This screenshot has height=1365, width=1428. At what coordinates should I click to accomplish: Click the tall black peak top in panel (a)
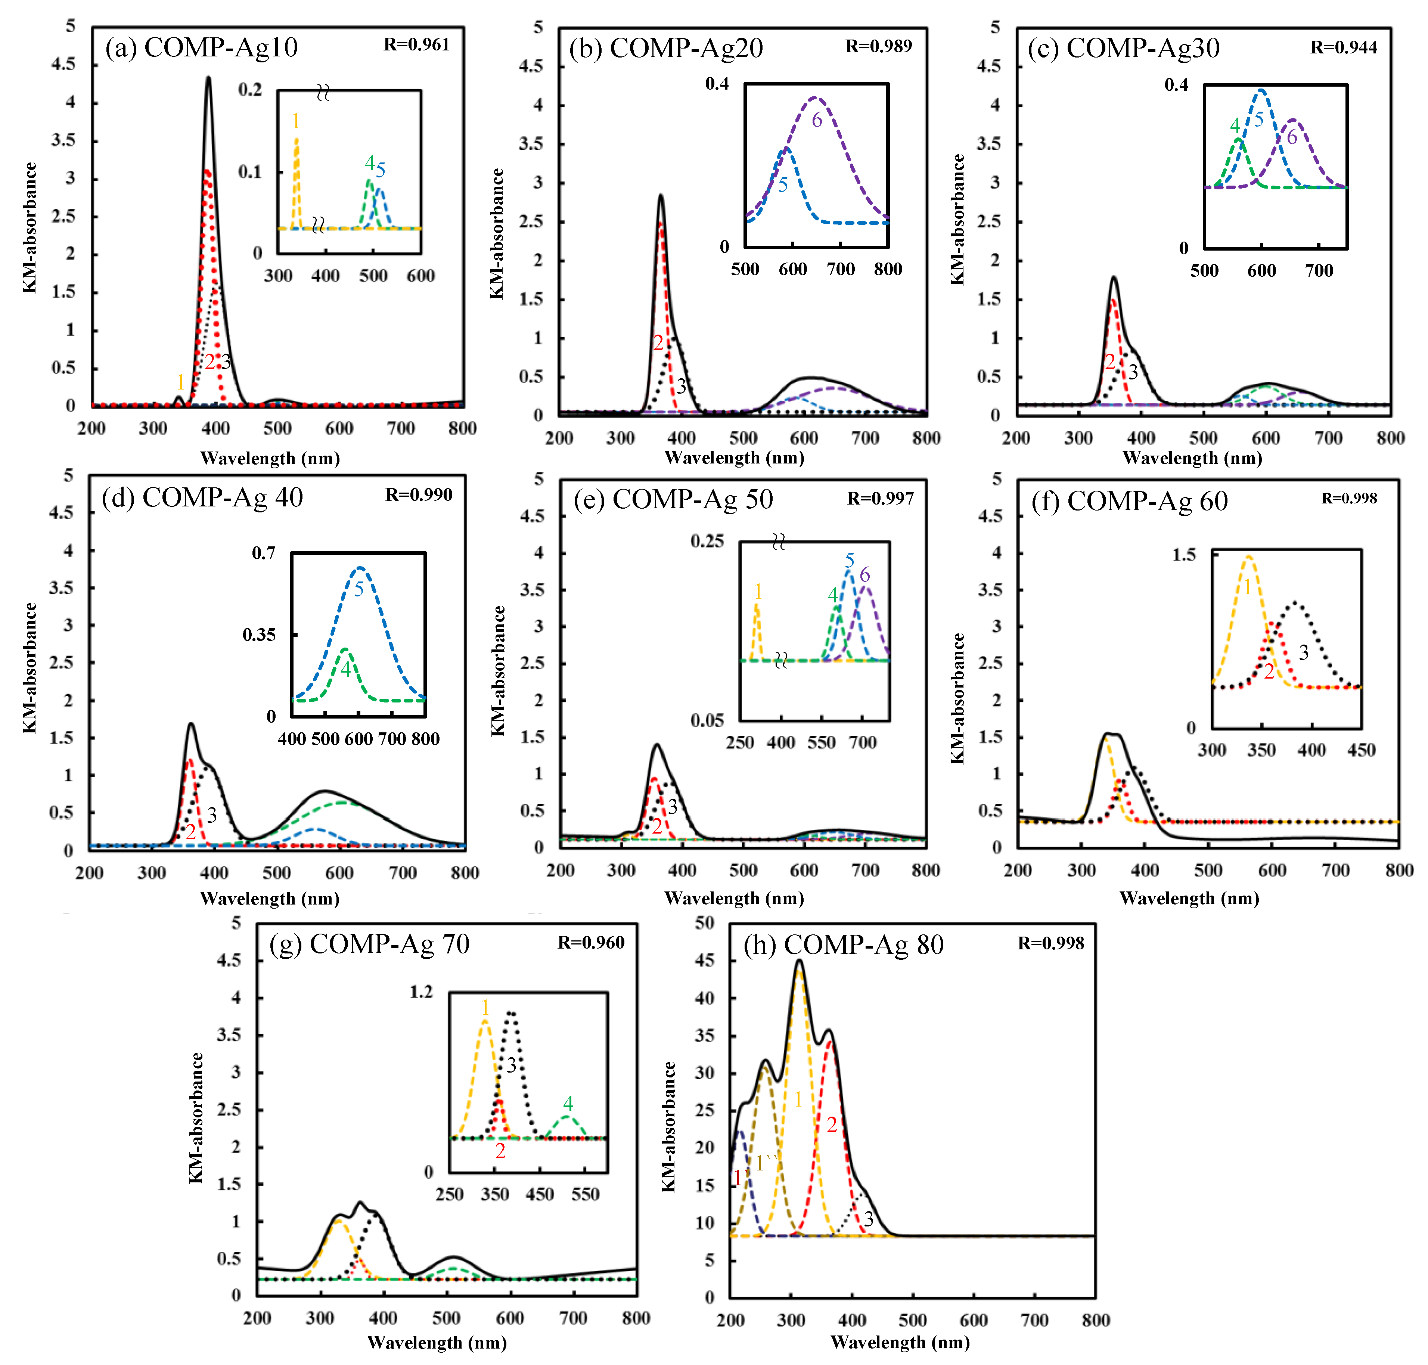click(x=209, y=78)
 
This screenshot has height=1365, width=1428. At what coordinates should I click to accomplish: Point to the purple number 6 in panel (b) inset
click(x=817, y=120)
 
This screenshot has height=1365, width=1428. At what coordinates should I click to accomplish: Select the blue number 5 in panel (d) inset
click(x=358, y=589)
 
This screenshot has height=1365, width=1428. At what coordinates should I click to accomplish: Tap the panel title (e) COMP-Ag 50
click(x=673, y=499)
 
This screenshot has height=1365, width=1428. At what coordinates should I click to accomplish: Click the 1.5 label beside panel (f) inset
click(x=1183, y=555)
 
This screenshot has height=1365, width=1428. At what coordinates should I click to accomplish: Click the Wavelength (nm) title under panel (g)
click(x=437, y=1343)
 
